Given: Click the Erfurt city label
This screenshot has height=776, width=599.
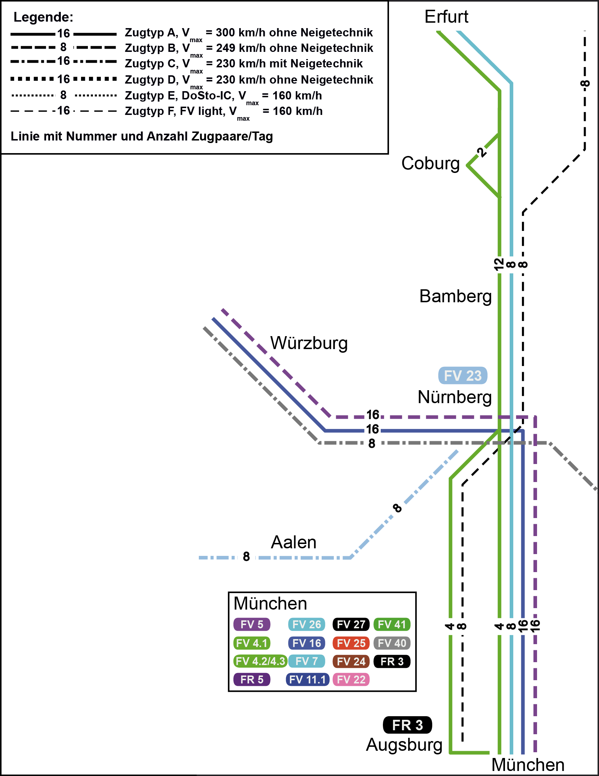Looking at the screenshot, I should point(446,17).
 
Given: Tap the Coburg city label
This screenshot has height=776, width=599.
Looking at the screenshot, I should point(430,164).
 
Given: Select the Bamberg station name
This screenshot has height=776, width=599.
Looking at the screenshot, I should point(455,296).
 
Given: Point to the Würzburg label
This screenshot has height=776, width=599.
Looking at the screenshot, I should point(309,343).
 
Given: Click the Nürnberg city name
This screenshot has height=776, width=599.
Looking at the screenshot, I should point(455,397).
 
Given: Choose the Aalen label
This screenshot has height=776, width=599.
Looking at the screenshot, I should point(294,542).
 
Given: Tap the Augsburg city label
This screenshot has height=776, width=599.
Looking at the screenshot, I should point(404,745).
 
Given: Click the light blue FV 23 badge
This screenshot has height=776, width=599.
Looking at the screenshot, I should point(462,376).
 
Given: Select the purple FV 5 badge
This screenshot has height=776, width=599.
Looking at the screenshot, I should point(252,624).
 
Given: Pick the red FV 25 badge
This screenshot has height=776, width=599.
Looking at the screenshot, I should point(351,643).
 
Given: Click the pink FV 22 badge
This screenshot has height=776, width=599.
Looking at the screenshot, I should point(351,679).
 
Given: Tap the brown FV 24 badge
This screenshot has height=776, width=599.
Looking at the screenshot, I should point(351,661).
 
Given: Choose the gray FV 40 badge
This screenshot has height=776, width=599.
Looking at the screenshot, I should point(392,643).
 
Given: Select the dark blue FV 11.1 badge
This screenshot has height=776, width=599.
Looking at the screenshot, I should point(307,679).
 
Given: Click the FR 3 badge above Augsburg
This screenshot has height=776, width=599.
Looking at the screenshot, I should point(407,725).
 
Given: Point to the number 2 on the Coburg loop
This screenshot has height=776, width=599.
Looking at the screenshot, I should point(481,152).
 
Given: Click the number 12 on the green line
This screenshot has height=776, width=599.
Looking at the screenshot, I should point(499,264).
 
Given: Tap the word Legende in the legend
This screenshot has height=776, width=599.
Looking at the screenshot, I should point(43,17).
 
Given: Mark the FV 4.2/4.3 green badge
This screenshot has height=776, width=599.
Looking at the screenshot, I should point(260,661).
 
